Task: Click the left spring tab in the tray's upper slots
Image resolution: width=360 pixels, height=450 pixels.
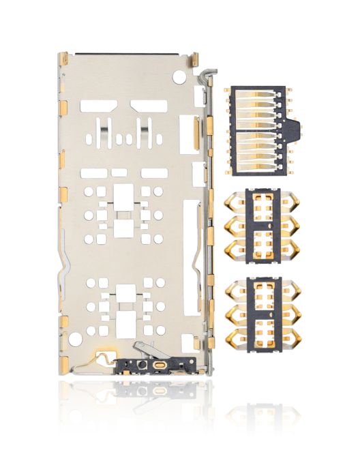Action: (104, 127)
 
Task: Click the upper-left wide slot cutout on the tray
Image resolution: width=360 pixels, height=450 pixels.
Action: (98, 105)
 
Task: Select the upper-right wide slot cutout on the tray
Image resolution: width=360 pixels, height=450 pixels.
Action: (149, 105)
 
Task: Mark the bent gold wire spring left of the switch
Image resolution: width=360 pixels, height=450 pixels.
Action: (104, 356)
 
